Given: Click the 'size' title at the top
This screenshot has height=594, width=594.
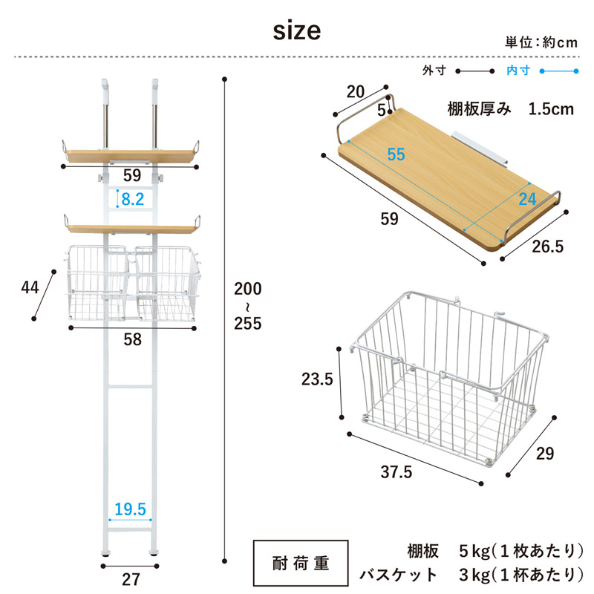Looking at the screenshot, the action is point(297,30).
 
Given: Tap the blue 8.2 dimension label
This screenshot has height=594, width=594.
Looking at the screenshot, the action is point(133,199).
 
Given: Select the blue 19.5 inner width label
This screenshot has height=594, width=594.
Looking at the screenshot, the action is point(131,509).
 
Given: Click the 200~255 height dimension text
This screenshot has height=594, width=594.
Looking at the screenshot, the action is point(248,306).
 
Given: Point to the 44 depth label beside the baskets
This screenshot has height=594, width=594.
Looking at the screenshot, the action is point(30,287).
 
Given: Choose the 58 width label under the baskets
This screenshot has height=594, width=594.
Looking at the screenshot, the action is point(133,339).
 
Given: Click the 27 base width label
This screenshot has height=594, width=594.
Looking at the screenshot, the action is point(131,580).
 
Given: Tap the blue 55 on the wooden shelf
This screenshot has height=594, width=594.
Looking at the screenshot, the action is point(396,154).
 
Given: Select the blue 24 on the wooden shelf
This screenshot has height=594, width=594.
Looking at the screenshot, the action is point(528,199).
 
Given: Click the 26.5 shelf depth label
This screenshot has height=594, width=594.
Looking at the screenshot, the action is point(548,247).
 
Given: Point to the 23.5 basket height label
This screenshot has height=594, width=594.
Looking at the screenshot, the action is point(317,379).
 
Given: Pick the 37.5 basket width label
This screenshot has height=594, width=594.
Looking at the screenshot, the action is point(396,472).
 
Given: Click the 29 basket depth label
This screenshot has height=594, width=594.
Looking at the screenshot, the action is point(545,454).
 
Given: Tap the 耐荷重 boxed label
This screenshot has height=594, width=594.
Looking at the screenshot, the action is point(301,564).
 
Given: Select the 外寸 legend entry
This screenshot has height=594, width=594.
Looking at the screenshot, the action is point(434,71).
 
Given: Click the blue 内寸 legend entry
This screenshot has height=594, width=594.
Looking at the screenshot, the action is point(518,71).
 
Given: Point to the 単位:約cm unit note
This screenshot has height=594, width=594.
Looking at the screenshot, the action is point(541,42).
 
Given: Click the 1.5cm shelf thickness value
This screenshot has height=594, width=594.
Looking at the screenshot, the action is point(551,109).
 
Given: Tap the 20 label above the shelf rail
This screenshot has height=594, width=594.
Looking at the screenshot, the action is point(356,91).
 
